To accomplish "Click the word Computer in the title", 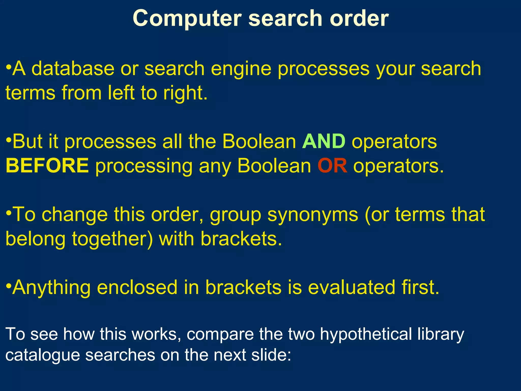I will click(x=187, y=19).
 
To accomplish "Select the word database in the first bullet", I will click(x=73, y=69).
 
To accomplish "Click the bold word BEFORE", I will click(x=47, y=166).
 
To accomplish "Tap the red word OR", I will click(x=332, y=166).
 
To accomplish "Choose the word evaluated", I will click(x=351, y=287).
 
